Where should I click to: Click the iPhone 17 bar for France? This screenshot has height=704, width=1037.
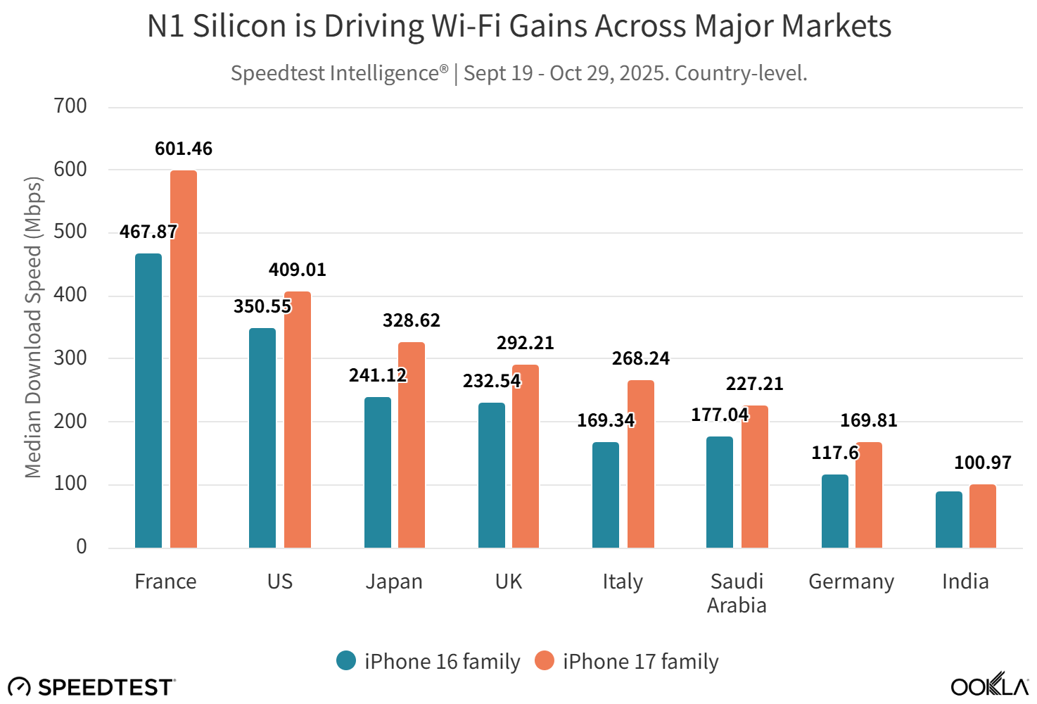[184, 359]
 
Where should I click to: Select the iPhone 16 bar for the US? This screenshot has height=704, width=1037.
[262, 438]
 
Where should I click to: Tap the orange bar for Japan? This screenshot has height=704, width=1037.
[412, 445]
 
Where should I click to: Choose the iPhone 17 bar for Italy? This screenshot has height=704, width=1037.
[641, 464]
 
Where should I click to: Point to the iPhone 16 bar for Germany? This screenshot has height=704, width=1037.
[835, 511]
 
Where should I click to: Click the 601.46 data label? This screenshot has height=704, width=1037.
[184, 149]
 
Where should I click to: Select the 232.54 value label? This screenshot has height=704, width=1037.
[492, 381]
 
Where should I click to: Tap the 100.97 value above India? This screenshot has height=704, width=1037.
[982, 463]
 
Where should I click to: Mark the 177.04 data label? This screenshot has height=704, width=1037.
[720, 415]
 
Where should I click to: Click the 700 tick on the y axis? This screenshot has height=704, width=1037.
[70, 106]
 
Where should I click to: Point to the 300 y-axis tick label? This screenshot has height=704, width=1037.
[70, 358]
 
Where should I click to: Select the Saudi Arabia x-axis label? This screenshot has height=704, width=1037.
[737, 593]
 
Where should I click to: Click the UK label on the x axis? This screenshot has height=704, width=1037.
[509, 582]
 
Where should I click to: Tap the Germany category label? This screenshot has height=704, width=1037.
[851, 582]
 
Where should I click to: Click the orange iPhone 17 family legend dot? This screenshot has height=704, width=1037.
[545, 660]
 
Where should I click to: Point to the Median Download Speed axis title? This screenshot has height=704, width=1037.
[33, 327]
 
